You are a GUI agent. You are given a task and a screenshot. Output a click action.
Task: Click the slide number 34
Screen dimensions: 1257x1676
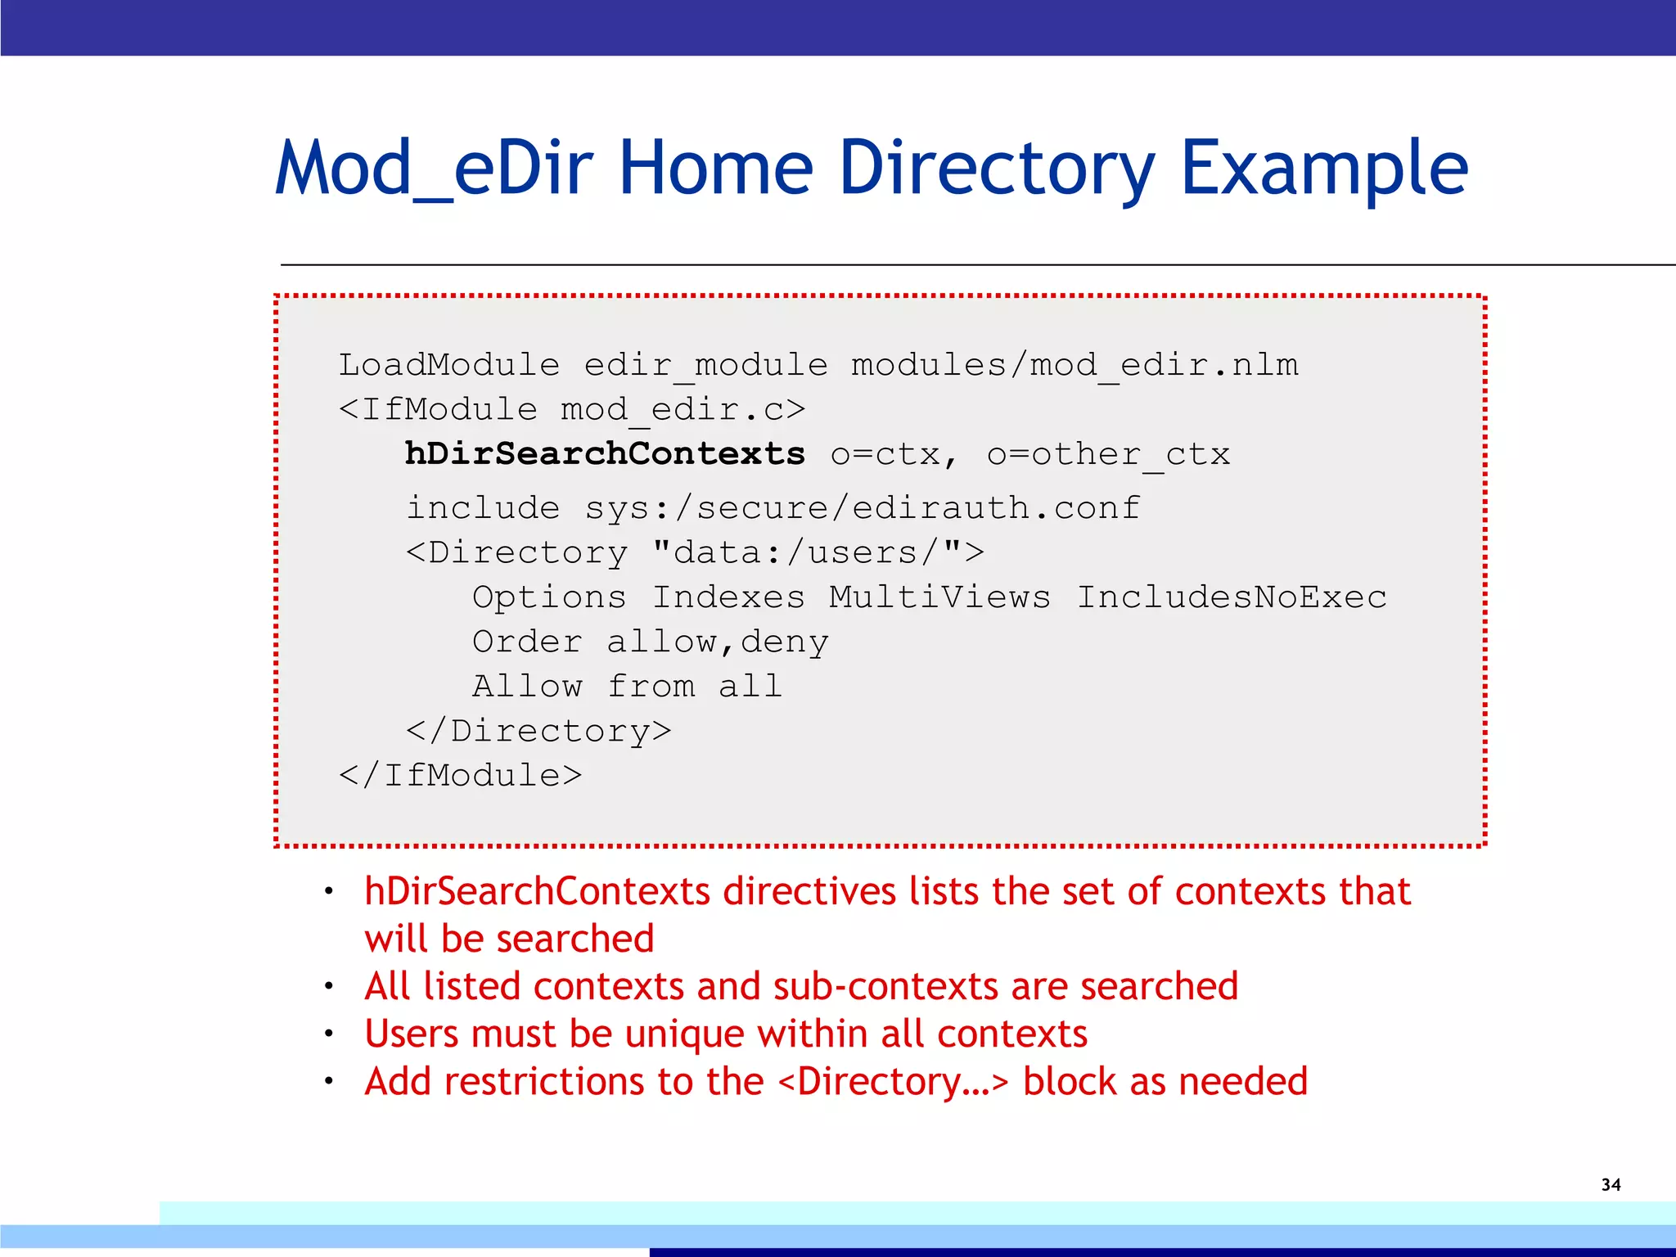click(x=1611, y=1184)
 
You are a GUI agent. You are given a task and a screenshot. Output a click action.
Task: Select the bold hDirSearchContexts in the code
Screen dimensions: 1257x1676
click(x=605, y=453)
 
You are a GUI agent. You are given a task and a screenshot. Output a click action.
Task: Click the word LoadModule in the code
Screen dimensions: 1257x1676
click(x=449, y=365)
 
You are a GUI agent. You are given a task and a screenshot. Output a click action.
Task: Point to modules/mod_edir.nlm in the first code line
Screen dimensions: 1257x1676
click(x=1074, y=365)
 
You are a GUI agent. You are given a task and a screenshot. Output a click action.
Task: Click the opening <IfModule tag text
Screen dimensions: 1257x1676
click(x=438, y=409)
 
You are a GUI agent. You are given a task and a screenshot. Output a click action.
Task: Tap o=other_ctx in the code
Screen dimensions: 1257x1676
click(x=1108, y=454)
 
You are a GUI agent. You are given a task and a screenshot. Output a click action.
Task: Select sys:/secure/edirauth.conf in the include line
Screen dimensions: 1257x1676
click(x=863, y=508)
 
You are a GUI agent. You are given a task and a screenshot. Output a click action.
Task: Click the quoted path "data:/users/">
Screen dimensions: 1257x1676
click(x=818, y=553)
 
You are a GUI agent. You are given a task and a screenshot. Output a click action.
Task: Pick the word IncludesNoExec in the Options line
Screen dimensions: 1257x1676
click(x=1232, y=597)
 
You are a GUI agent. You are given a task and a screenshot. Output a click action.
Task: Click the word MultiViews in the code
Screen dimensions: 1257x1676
click(x=939, y=597)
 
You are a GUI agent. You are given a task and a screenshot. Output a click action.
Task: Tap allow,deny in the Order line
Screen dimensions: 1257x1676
click(x=717, y=642)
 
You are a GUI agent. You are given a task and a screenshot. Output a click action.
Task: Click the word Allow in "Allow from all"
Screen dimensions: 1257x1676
click(x=527, y=686)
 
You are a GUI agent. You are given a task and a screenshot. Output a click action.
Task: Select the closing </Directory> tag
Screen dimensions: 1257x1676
click(x=538, y=731)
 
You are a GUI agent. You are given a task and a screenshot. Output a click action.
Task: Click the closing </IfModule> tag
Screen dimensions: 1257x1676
click(x=460, y=775)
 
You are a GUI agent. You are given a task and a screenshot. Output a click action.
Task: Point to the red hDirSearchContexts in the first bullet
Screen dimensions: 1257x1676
click(x=537, y=891)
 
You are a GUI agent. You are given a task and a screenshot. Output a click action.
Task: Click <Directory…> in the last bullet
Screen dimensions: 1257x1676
click(x=893, y=1082)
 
